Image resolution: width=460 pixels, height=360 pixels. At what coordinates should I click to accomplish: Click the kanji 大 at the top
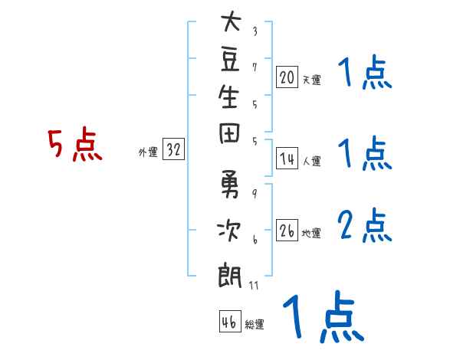[231, 21]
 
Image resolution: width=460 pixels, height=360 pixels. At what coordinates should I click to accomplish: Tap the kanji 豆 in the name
[230, 60]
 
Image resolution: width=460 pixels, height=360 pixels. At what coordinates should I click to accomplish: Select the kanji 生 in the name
[228, 97]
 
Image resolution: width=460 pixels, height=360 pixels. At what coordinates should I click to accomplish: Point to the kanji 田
[229, 134]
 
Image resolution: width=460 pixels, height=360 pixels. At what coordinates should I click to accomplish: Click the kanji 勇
[230, 184]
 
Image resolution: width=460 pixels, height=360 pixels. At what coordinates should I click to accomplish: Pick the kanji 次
[228, 231]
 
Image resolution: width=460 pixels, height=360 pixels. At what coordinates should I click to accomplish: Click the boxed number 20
[287, 77]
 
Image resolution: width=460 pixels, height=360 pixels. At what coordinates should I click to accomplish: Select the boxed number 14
[287, 159]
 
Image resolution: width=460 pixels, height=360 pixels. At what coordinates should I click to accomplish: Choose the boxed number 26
[287, 230]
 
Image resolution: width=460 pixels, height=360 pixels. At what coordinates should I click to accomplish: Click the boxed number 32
[173, 149]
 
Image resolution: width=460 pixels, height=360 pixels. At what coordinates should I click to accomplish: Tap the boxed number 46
[230, 321]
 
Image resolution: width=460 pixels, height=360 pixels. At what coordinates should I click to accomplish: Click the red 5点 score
[75, 144]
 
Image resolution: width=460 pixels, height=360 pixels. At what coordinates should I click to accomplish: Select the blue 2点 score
[365, 225]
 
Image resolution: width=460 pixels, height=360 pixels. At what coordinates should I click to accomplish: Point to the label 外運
[148, 152]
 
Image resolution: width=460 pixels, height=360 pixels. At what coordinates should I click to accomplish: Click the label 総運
[255, 325]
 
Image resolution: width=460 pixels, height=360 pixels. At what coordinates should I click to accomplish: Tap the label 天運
[312, 80]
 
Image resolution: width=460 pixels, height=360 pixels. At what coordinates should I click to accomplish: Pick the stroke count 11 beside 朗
[254, 286]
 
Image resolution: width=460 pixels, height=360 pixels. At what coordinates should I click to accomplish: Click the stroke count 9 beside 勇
[255, 194]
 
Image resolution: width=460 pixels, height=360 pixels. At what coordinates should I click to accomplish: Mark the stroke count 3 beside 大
[255, 31]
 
